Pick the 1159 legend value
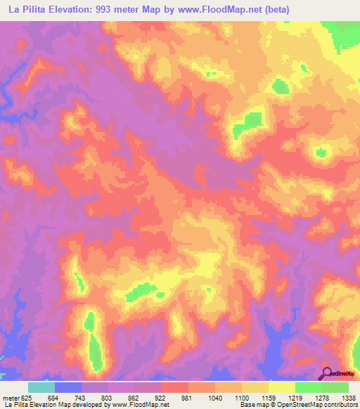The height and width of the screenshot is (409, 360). [x=269, y=398]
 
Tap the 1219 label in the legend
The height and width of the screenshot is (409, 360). [x=296, y=398]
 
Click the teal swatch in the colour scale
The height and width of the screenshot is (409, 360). [x=41, y=387]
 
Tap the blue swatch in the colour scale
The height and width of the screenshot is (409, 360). [x=68, y=387]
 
